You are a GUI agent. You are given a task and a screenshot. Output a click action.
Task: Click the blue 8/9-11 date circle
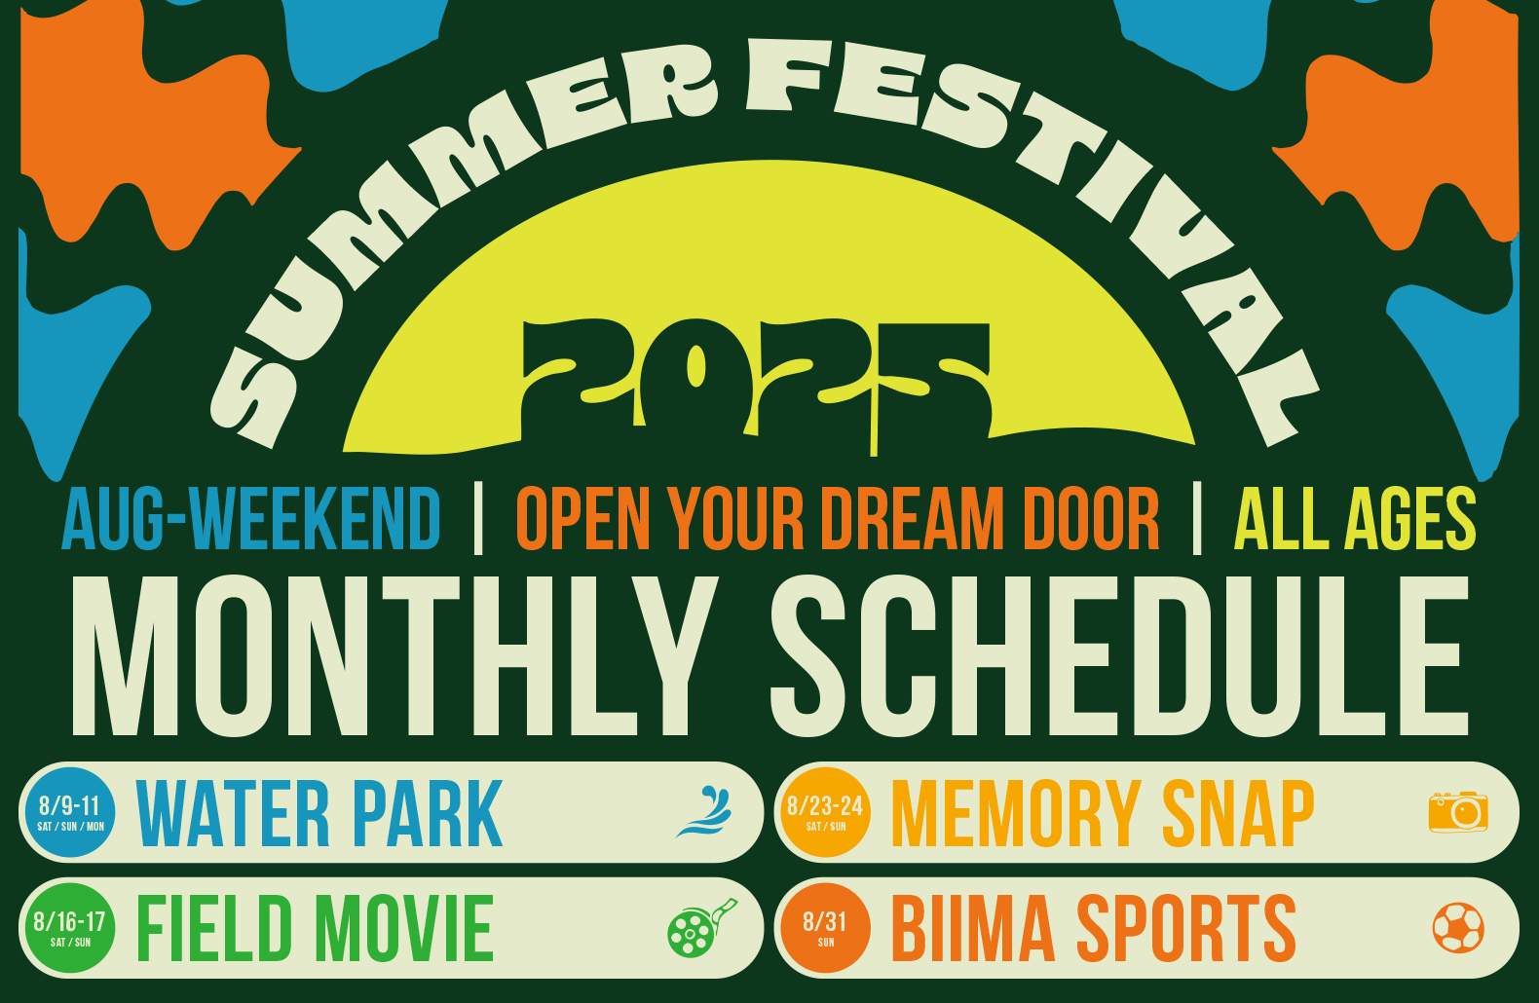tap(70, 812)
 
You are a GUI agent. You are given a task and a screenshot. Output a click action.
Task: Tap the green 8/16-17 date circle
tap(70, 927)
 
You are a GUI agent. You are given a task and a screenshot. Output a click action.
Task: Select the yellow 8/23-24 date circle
tap(825, 812)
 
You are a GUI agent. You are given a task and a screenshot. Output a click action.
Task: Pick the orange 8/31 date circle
tap(825, 927)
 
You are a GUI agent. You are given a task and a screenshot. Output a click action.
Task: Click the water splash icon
tap(704, 811)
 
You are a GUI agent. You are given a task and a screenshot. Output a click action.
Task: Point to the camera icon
tap(1458, 812)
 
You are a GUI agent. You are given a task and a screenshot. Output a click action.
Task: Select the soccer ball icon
tap(1458, 927)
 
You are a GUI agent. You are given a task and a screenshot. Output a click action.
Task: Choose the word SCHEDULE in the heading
tap(1119, 656)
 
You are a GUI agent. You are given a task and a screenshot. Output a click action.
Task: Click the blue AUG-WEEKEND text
tap(250, 519)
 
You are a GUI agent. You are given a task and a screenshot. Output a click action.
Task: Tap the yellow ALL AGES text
tap(1355, 519)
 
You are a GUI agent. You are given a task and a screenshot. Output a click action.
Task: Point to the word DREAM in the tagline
tap(913, 519)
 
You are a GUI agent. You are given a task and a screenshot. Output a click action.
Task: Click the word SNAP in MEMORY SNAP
tap(1237, 813)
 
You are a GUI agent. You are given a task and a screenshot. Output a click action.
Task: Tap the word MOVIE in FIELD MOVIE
tap(404, 928)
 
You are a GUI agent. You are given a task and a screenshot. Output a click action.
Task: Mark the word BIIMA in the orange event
tap(973, 928)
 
